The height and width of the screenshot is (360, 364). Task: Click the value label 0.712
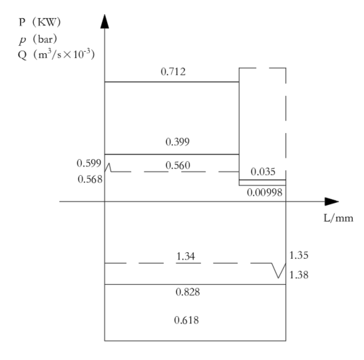pyautogui.click(x=173, y=72)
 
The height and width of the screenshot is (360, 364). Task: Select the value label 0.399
pyautogui.click(x=178, y=142)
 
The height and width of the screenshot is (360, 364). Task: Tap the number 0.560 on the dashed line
pyautogui.click(x=178, y=165)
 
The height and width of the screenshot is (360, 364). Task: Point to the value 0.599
pyautogui.click(x=89, y=163)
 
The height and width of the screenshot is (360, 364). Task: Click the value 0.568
pyautogui.click(x=90, y=179)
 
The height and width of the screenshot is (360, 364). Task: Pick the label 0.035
pyautogui.click(x=263, y=172)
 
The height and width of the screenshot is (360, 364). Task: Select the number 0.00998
pyautogui.click(x=265, y=192)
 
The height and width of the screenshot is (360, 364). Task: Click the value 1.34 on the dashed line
pyautogui.click(x=186, y=256)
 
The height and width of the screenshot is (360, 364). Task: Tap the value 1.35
pyautogui.click(x=299, y=255)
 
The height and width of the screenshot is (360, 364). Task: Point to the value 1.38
pyautogui.click(x=299, y=275)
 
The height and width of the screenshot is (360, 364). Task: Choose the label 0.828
pyautogui.click(x=188, y=292)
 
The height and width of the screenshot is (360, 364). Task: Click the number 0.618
pyautogui.click(x=186, y=320)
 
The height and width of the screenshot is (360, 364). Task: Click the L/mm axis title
pyautogui.click(x=339, y=218)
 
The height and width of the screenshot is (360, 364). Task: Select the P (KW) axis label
pyautogui.click(x=40, y=22)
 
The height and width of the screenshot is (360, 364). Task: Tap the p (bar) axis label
pyautogui.click(x=38, y=39)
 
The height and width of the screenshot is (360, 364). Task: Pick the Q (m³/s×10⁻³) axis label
pyautogui.click(x=57, y=55)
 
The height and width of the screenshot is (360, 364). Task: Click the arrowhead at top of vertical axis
pyautogui.click(x=104, y=21)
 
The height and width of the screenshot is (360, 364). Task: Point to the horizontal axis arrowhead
pyautogui.click(x=332, y=202)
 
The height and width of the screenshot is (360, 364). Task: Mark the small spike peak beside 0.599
pyautogui.click(x=109, y=164)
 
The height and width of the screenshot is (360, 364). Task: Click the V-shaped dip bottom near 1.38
pyautogui.click(x=278, y=277)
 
